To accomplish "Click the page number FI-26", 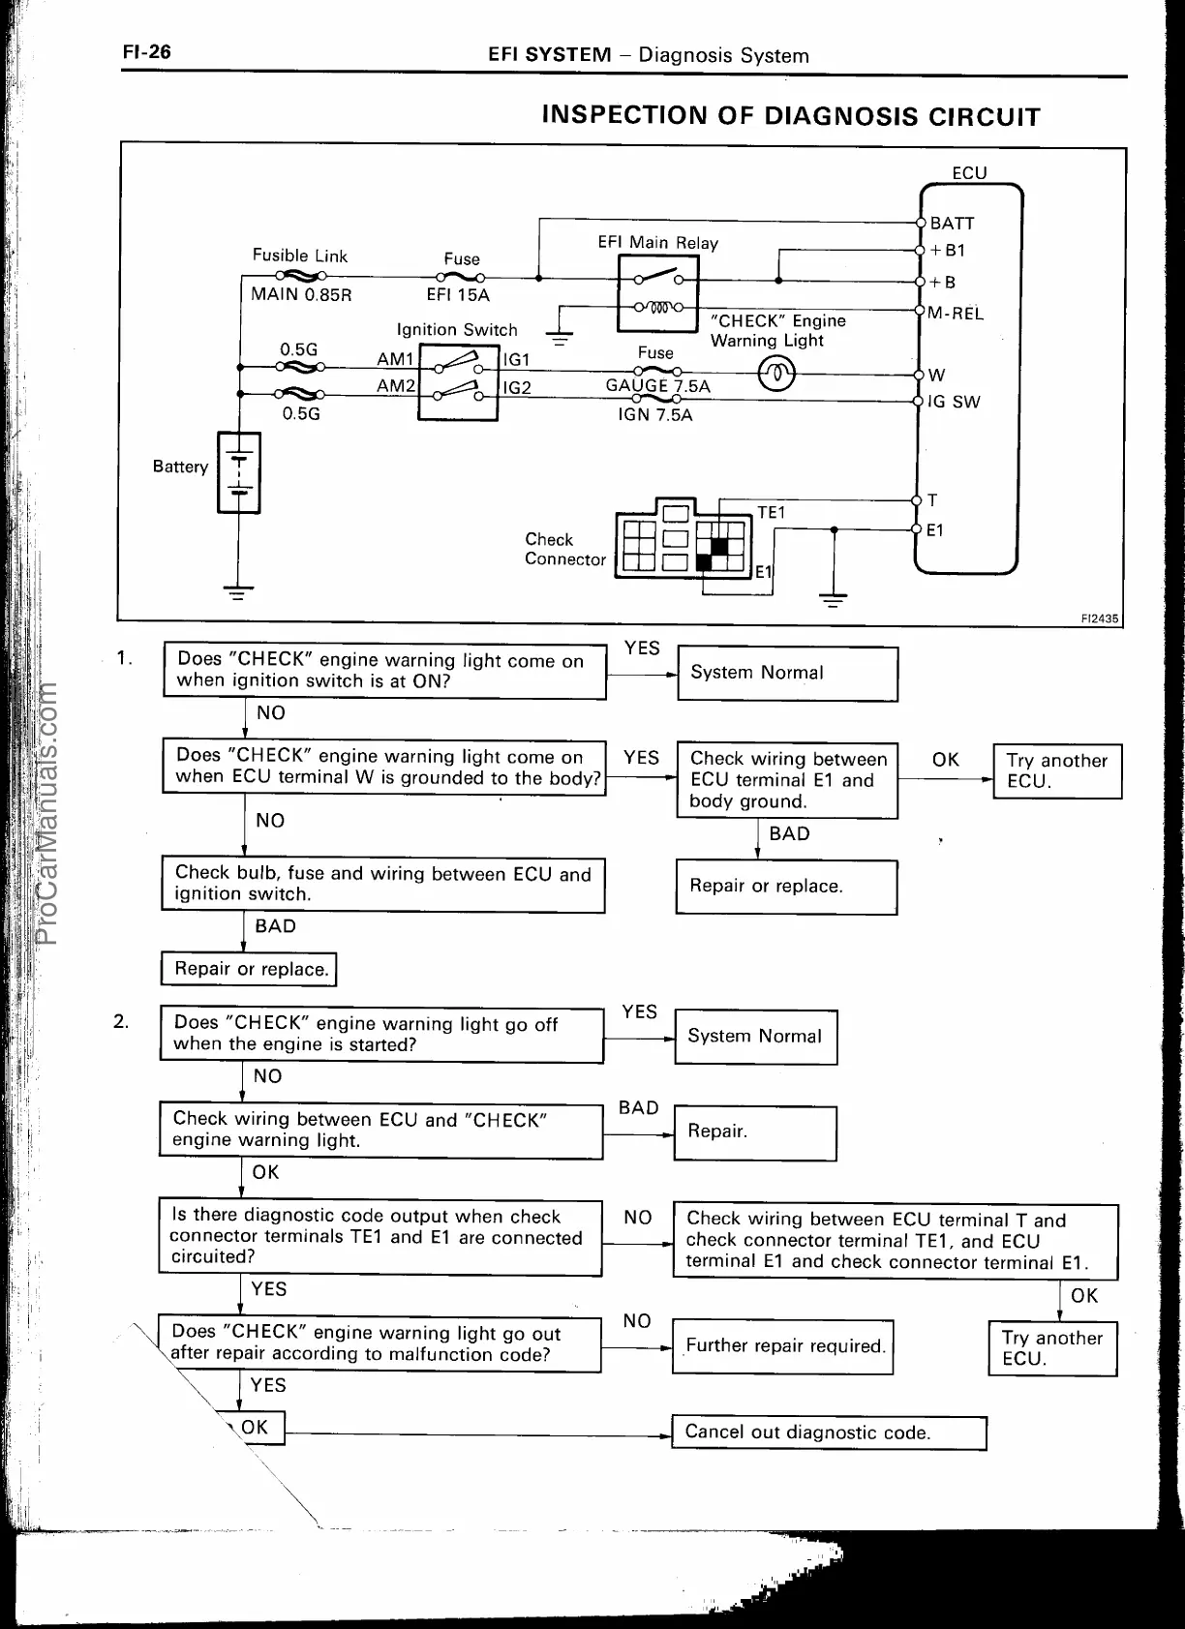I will point(146,51).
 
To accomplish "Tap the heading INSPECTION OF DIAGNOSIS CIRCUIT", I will point(790,116).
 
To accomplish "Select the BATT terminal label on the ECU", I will point(952,223).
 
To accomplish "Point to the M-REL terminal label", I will point(955,313).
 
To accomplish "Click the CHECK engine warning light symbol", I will point(776,375).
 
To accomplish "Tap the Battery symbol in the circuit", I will point(238,472).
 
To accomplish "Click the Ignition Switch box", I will point(458,381).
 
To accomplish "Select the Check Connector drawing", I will point(684,541).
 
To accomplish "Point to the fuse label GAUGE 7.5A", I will point(657,386).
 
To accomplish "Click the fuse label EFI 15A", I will point(458,295).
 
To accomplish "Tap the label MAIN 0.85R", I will point(301,294).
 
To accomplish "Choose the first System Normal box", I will point(787,673).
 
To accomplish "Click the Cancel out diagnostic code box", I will point(829,1433).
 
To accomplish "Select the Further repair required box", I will point(782,1346).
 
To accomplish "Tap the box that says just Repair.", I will point(754,1131).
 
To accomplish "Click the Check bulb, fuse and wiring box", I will point(383,884).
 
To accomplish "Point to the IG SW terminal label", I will point(954,402).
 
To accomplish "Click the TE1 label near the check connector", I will point(771,513).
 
